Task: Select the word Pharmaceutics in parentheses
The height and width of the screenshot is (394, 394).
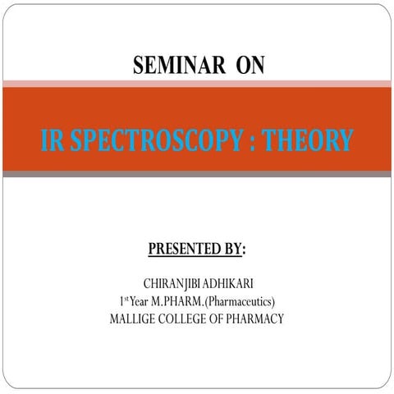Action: (245, 301)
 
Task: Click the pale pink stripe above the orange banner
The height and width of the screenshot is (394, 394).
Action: (197, 84)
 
